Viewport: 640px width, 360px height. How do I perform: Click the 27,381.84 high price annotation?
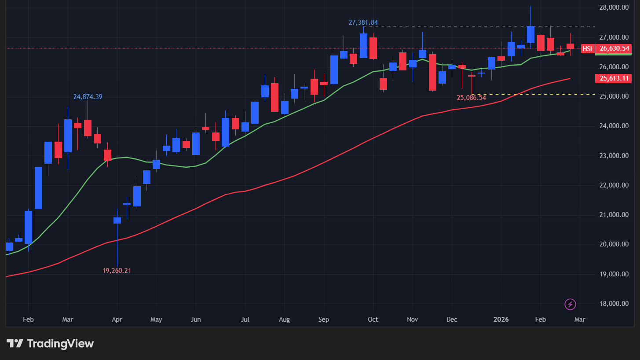(363, 22)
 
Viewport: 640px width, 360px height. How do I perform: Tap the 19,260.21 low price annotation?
(117, 271)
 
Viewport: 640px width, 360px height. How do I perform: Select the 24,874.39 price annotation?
(88, 97)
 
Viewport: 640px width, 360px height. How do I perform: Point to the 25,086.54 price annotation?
(471, 98)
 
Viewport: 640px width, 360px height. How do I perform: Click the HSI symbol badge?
(587, 49)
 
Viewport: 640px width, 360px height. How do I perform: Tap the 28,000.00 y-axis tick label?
(613, 7)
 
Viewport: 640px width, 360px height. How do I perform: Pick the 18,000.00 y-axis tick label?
(613, 304)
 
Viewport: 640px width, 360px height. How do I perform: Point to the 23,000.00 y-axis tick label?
(613, 156)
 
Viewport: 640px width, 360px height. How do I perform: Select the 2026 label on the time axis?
(501, 320)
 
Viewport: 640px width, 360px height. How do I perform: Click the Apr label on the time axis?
(117, 320)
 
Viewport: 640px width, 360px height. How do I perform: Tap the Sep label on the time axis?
(324, 320)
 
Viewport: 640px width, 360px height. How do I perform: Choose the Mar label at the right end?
(580, 320)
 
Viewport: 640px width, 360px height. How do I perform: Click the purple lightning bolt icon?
(571, 304)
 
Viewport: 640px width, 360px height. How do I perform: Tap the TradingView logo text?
(60, 344)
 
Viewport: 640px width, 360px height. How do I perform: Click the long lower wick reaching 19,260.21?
(117, 246)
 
